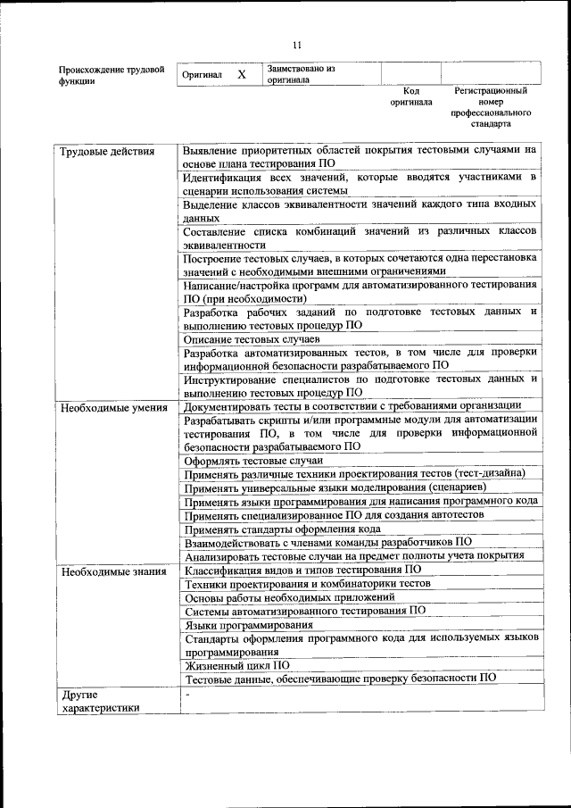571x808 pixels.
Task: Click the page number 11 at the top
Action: (298, 46)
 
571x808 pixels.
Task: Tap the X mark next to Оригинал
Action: (241, 75)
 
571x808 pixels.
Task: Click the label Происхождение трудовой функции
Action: (111, 75)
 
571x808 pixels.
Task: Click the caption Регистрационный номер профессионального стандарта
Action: (491, 107)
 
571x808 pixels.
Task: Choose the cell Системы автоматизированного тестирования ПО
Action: (304, 611)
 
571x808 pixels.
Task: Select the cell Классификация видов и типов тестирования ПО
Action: (302, 570)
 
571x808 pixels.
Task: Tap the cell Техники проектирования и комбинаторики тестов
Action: (307, 583)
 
